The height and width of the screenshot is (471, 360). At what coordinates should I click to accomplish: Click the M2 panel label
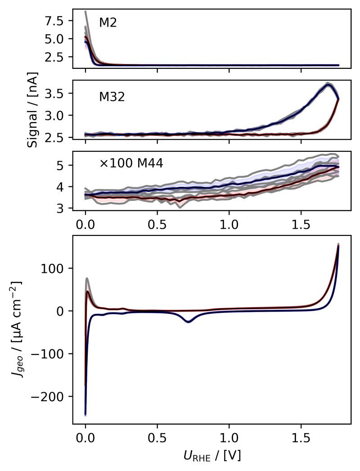tap(108, 23)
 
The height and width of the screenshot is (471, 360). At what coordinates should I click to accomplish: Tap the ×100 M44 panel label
tap(131, 163)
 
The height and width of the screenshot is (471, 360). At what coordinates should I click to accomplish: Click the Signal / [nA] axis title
tap(32, 109)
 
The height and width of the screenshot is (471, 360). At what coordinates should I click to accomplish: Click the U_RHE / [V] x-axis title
tap(211, 456)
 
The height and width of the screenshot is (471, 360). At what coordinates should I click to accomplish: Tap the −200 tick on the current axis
tap(53, 396)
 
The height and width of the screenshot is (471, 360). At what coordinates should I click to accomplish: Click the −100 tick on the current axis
tap(53, 353)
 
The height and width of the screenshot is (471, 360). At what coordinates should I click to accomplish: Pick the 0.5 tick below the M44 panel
tap(157, 223)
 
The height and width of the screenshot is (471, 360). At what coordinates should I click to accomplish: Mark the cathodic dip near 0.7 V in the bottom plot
tap(188, 322)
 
